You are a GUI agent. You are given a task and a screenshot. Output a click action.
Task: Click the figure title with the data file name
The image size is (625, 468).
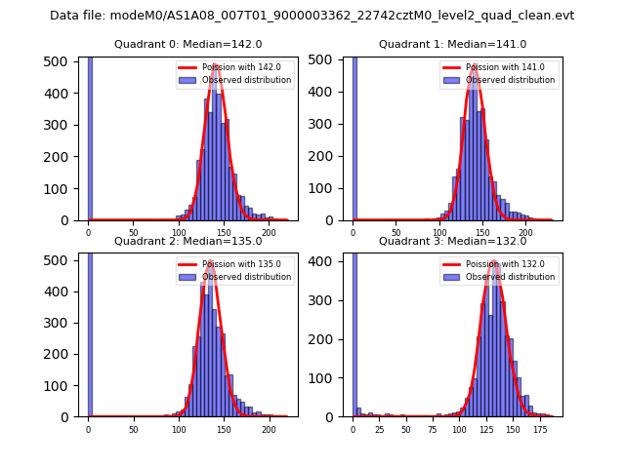pos(312,16)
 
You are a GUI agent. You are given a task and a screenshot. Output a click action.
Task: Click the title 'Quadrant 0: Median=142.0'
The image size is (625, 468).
pos(188,44)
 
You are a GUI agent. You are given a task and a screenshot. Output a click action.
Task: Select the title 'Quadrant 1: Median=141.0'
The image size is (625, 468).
pos(452,44)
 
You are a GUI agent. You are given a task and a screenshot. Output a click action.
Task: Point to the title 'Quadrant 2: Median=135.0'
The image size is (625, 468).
pos(188,241)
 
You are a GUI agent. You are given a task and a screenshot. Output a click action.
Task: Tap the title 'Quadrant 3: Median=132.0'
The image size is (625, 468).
pos(452,241)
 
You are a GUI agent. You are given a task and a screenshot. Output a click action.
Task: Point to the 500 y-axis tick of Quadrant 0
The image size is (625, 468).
pos(57,60)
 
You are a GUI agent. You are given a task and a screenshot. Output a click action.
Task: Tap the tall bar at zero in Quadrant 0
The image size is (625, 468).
pos(90,136)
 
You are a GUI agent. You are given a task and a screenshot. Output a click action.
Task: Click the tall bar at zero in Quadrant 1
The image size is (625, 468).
pos(354,136)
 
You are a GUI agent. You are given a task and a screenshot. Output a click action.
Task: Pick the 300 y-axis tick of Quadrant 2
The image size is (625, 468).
pos(57,322)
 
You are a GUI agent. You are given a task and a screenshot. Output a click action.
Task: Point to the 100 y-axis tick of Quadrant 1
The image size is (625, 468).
pos(320,188)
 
